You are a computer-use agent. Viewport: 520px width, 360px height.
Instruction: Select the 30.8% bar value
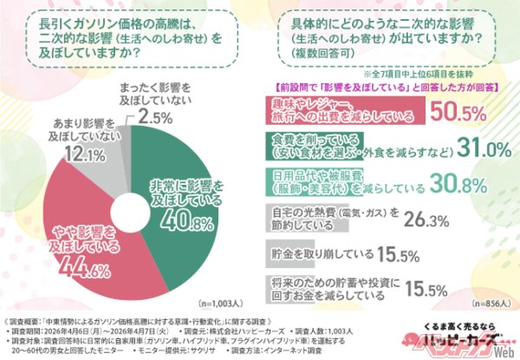click(x=442, y=183)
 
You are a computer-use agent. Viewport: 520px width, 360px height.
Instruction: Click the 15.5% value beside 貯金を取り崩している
click(x=400, y=256)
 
